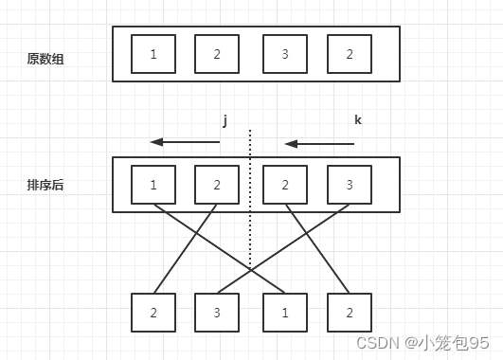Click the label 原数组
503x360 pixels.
click(45, 59)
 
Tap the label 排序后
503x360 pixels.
click(45, 186)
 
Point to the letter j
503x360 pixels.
click(225, 120)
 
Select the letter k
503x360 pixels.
click(357, 120)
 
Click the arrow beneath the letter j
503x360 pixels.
click(185, 143)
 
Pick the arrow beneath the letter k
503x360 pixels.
click(319, 144)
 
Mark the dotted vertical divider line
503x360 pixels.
click(250, 199)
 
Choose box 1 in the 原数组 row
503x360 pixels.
click(153, 54)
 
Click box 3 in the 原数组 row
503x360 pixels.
click(285, 54)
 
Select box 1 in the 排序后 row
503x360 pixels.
click(153, 184)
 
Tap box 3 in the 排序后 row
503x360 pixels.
click(349, 184)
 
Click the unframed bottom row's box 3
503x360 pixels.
click(217, 312)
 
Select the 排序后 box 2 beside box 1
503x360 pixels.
click(217, 184)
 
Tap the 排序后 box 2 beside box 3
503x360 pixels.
click(285, 184)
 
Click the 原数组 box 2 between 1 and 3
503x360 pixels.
click(217, 54)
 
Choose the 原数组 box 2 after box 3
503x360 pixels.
click(349, 54)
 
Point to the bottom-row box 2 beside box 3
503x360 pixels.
click(153, 312)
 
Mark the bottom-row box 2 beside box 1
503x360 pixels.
click(349, 312)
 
